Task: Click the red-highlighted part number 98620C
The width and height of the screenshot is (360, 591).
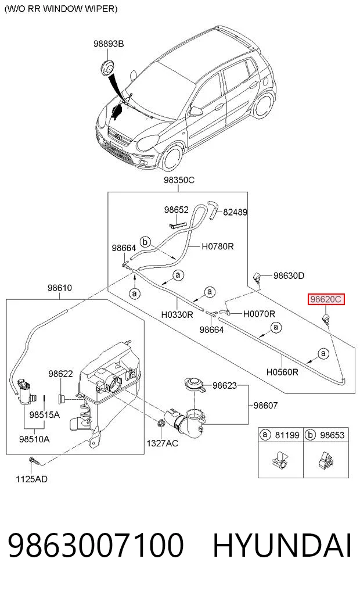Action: [326, 299]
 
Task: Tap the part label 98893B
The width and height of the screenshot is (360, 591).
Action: [109, 44]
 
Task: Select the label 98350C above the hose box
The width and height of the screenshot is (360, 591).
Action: [179, 180]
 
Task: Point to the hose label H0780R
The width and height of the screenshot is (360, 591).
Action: [218, 246]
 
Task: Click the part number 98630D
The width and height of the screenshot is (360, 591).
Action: [289, 276]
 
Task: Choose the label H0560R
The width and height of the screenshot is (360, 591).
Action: [282, 372]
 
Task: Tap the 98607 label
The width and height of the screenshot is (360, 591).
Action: [265, 406]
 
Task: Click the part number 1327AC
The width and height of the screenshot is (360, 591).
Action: [163, 443]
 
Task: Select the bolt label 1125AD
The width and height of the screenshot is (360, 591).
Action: [31, 479]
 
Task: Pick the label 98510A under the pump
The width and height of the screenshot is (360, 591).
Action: [34, 439]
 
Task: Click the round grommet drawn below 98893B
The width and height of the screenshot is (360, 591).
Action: [107, 67]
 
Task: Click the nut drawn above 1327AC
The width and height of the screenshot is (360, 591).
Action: [161, 423]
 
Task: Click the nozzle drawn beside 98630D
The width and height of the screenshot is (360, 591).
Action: [258, 279]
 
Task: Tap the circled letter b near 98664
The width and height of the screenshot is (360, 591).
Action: [145, 242]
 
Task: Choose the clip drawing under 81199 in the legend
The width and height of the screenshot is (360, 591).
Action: [280, 460]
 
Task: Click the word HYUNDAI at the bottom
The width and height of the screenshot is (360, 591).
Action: [282, 546]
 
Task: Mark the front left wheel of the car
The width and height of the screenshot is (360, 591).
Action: [172, 159]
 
